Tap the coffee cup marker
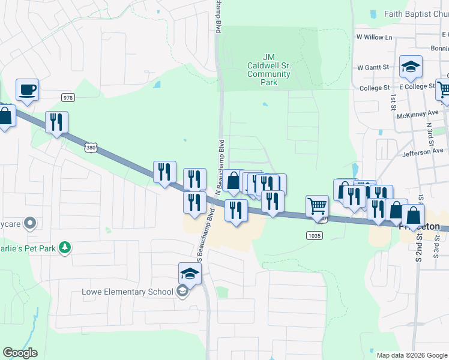click(27, 90)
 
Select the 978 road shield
click(67, 97)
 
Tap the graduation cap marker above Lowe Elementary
click(190, 274)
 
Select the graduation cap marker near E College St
click(411, 67)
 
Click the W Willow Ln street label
click(373, 37)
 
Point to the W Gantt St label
click(373, 68)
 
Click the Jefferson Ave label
click(422, 151)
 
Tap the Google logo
click(20, 353)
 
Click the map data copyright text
click(412, 355)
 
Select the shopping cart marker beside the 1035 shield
click(317, 206)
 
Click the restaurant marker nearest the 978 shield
click(56, 122)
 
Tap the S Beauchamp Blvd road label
click(202, 235)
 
